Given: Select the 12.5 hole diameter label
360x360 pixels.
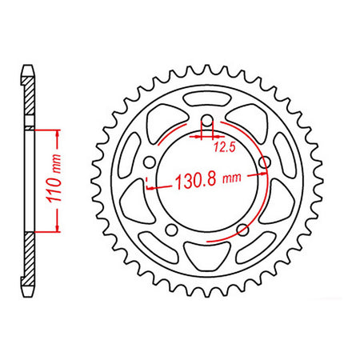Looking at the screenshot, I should click(x=223, y=147).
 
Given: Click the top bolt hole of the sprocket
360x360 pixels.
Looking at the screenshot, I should click(x=207, y=121).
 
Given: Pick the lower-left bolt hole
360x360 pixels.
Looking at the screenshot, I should click(x=171, y=232).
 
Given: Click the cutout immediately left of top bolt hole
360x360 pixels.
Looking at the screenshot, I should click(x=172, y=113).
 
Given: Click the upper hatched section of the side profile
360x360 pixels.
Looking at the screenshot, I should click(x=30, y=100).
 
